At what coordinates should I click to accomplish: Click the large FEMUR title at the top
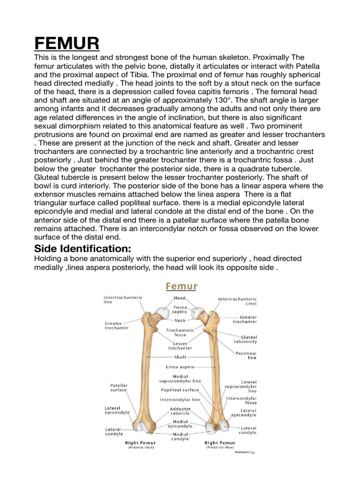[x=67, y=44]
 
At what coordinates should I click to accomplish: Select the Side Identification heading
[x=82, y=248]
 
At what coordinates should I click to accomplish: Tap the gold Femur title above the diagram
[x=180, y=286]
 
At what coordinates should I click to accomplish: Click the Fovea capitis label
[x=179, y=309]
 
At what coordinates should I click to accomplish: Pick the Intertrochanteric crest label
[x=237, y=301]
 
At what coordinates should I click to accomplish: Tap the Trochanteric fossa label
[x=177, y=332]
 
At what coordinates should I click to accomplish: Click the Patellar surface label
[x=118, y=387]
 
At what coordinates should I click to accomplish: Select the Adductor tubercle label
[x=180, y=411]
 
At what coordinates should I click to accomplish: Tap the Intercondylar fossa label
[x=241, y=400]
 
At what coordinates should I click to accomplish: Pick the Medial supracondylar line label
[x=180, y=379]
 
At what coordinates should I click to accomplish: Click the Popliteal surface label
[x=180, y=390]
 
